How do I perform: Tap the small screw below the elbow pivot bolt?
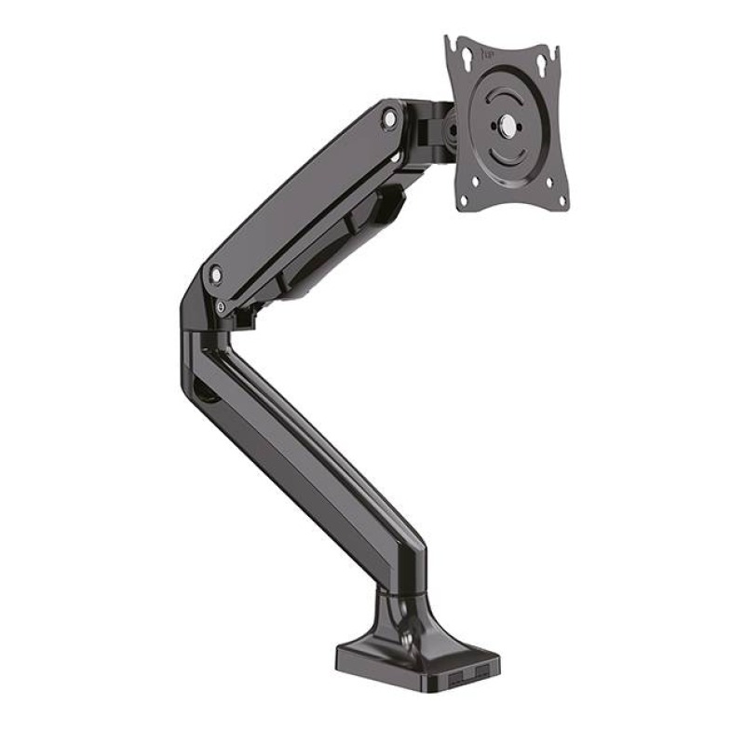point(221,305)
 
